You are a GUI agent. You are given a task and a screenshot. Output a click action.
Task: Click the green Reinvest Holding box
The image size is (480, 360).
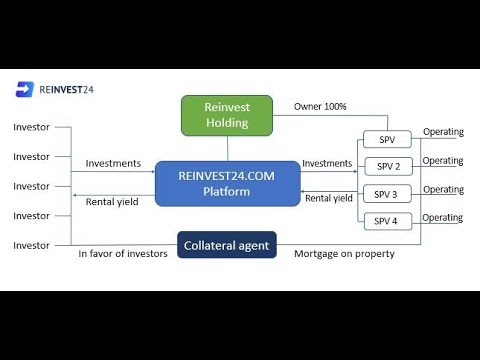[227, 115]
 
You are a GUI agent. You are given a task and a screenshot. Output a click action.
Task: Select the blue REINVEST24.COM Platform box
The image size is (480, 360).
[228, 184]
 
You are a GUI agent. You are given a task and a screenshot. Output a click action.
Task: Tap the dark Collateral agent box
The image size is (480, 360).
[227, 245]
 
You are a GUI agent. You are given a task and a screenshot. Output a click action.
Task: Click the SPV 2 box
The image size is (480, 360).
[388, 166]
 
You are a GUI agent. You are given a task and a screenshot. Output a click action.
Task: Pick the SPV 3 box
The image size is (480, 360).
[387, 194]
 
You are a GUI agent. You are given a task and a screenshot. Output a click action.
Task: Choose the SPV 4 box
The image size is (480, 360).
[388, 221]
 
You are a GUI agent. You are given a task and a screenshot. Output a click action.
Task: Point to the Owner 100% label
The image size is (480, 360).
[320, 107]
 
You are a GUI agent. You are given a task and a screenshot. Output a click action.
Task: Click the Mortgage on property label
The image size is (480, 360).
[344, 254]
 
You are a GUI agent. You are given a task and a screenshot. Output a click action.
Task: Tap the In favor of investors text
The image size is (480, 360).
[123, 254]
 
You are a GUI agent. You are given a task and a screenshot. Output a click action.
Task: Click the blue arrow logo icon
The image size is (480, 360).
[25, 89]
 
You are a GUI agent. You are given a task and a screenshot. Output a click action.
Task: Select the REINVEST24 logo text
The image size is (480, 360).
[66, 90]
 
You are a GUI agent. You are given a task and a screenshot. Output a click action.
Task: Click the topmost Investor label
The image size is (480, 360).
[31, 127]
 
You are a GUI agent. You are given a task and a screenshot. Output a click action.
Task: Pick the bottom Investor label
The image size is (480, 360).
[31, 246]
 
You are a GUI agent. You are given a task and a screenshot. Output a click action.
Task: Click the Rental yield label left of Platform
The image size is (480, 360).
[112, 202]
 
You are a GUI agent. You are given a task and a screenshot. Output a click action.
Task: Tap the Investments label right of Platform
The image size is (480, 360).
[327, 163]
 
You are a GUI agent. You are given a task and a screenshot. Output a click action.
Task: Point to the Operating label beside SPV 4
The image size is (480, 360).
[443, 218]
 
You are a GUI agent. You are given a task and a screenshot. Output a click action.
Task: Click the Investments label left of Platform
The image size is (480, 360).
[113, 163]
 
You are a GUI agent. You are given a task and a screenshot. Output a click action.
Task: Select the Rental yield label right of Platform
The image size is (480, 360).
[329, 198]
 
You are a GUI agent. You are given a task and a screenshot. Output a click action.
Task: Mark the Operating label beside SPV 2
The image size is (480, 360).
[443, 161]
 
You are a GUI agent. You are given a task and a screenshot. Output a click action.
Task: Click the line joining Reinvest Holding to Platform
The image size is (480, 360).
[228, 149]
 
